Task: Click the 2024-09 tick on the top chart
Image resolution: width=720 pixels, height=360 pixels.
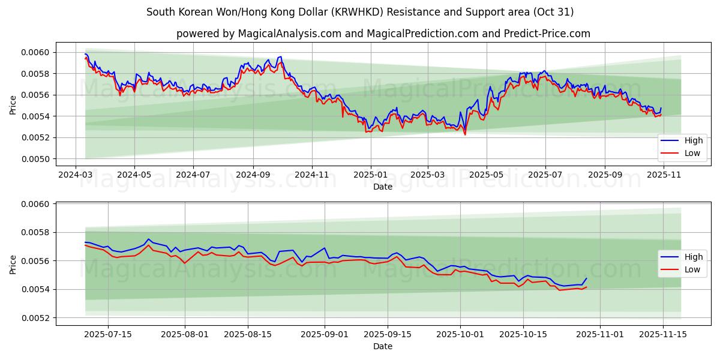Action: point(253,174)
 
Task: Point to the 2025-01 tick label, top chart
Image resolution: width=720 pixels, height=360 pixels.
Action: point(370,174)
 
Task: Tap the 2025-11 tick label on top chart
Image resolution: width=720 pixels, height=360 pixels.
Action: point(663,174)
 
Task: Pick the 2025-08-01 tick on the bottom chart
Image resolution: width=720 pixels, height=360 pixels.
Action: point(184,334)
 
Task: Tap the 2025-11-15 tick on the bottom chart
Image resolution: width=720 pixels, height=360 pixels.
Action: point(663,334)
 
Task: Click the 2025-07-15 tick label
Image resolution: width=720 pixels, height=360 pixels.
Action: point(108,334)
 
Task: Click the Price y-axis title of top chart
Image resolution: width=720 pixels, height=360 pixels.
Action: point(13,106)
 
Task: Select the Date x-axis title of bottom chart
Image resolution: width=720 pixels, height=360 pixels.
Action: point(383,346)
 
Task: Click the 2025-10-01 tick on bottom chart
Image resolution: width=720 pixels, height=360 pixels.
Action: point(461,334)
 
